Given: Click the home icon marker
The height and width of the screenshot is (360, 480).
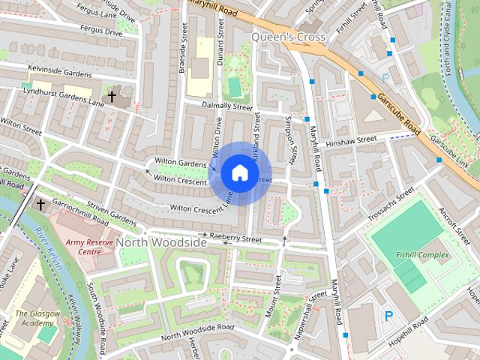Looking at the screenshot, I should [x=238, y=172].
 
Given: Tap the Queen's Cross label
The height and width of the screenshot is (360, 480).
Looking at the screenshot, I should [x=288, y=37].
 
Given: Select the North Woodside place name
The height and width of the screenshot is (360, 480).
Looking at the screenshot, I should [x=161, y=243].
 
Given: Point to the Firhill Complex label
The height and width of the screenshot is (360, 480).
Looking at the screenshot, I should [x=423, y=255].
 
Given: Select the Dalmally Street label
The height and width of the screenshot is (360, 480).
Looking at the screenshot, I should [x=227, y=106].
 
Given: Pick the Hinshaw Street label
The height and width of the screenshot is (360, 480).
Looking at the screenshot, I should [x=355, y=139].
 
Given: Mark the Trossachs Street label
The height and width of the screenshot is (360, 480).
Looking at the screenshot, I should [x=391, y=204].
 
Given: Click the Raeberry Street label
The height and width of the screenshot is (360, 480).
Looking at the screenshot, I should [x=235, y=239].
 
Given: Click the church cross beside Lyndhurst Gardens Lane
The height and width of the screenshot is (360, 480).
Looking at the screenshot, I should [x=112, y=97].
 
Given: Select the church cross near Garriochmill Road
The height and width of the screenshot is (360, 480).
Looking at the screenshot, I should [x=40, y=204].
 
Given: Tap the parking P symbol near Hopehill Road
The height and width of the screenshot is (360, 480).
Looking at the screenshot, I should [x=388, y=316].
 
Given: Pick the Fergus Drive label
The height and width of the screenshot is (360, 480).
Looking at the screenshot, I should [x=102, y=33].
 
